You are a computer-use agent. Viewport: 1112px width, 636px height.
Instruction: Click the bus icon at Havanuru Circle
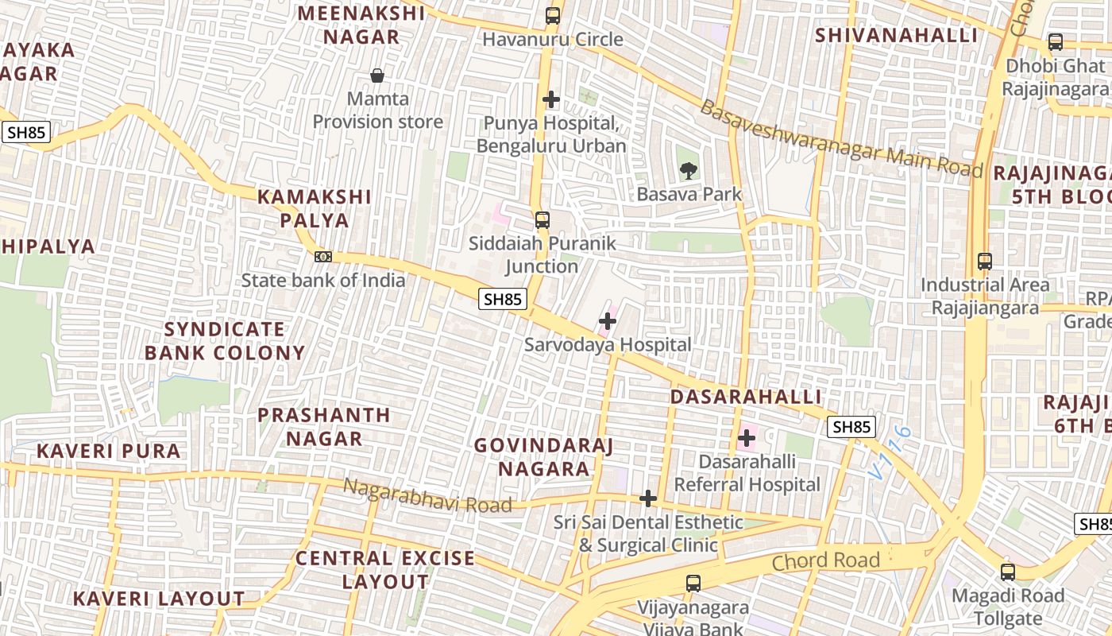pos(552,15)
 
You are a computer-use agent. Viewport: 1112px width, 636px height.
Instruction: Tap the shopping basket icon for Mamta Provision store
pos(377,76)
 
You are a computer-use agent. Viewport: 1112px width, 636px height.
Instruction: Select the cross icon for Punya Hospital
pos(551,99)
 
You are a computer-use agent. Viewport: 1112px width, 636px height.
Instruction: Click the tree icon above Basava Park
pos(689,169)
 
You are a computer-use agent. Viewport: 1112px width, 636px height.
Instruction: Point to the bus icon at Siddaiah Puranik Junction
pos(542,220)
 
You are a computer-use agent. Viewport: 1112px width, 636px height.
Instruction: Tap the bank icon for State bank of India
pos(322,256)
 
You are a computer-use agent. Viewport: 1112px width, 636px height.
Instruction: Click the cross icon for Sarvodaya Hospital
pos(608,321)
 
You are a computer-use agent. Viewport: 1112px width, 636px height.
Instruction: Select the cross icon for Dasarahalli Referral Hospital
pos(747,437)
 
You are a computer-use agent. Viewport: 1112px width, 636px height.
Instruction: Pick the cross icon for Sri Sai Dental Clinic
pos(648,498)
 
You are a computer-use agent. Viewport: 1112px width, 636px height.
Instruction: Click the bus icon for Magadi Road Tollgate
pos(1008,572)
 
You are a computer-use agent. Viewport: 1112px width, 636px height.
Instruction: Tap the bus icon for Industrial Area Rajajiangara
pos(985,261)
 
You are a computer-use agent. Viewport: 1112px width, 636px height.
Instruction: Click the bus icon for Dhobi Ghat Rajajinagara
pos(1055,42)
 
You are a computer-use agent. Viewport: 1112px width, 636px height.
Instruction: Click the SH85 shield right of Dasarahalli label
pos(852,427)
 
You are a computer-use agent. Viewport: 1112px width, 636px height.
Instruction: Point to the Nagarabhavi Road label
pos(427,494)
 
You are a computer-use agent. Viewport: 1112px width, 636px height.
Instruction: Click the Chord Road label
pos(826,560)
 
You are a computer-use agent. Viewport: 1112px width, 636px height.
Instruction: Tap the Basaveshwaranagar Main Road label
pos(840,140)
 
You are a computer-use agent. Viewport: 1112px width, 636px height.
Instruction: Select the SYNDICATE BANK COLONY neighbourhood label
pos(225,341)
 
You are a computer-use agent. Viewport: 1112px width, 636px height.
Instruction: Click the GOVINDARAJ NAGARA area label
pos(544,457)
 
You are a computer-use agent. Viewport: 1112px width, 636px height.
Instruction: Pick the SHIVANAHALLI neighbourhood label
pos(897,36)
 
